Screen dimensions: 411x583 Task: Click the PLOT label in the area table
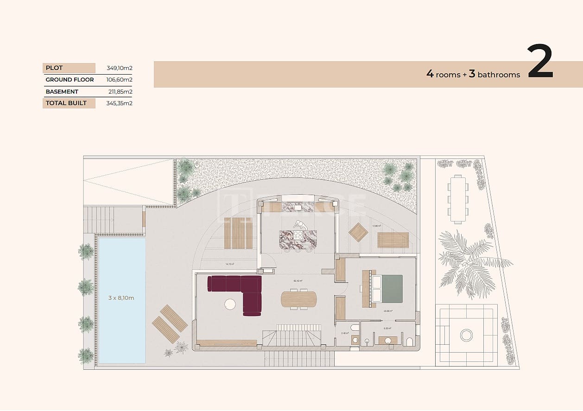pos(54,68)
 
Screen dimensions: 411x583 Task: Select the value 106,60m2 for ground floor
pos(119,80)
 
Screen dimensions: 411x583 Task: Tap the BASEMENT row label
pos(62,92)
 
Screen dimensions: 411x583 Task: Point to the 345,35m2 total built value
pos(119,103)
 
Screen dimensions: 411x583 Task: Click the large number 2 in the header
pos(540,63)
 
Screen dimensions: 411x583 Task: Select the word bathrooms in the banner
pos(499,75)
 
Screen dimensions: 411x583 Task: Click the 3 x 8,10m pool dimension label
pos(121,298)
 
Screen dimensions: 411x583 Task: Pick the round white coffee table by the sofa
pos(230,304)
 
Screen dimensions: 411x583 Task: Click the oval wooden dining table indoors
pos(299,299)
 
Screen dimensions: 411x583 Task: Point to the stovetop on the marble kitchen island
pos(298,235)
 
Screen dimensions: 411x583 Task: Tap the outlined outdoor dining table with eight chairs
pos(458,199)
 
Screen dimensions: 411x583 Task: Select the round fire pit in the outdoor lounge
pos(466,335)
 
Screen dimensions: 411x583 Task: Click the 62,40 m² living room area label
pos(298,281)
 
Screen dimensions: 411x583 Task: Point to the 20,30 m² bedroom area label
pos(388,311)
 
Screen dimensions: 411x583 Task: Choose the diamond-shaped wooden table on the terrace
pos(358,232)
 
